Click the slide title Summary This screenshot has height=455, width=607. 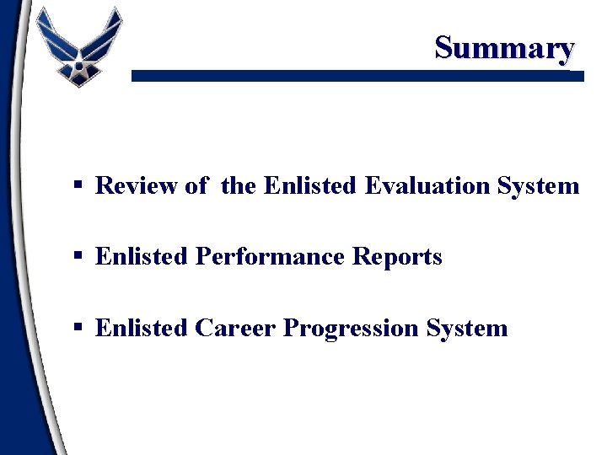click(504, 47)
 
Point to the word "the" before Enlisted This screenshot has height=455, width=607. click(239, 185)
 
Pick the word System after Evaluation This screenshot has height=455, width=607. click(539, 185)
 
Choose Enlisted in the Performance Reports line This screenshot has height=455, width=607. click(142, 256)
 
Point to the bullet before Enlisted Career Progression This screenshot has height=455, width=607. click(78, 328)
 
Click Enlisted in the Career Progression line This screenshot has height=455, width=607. click(142, 327)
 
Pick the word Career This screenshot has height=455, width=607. click(235, 327)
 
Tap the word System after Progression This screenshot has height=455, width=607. click(467, 328)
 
